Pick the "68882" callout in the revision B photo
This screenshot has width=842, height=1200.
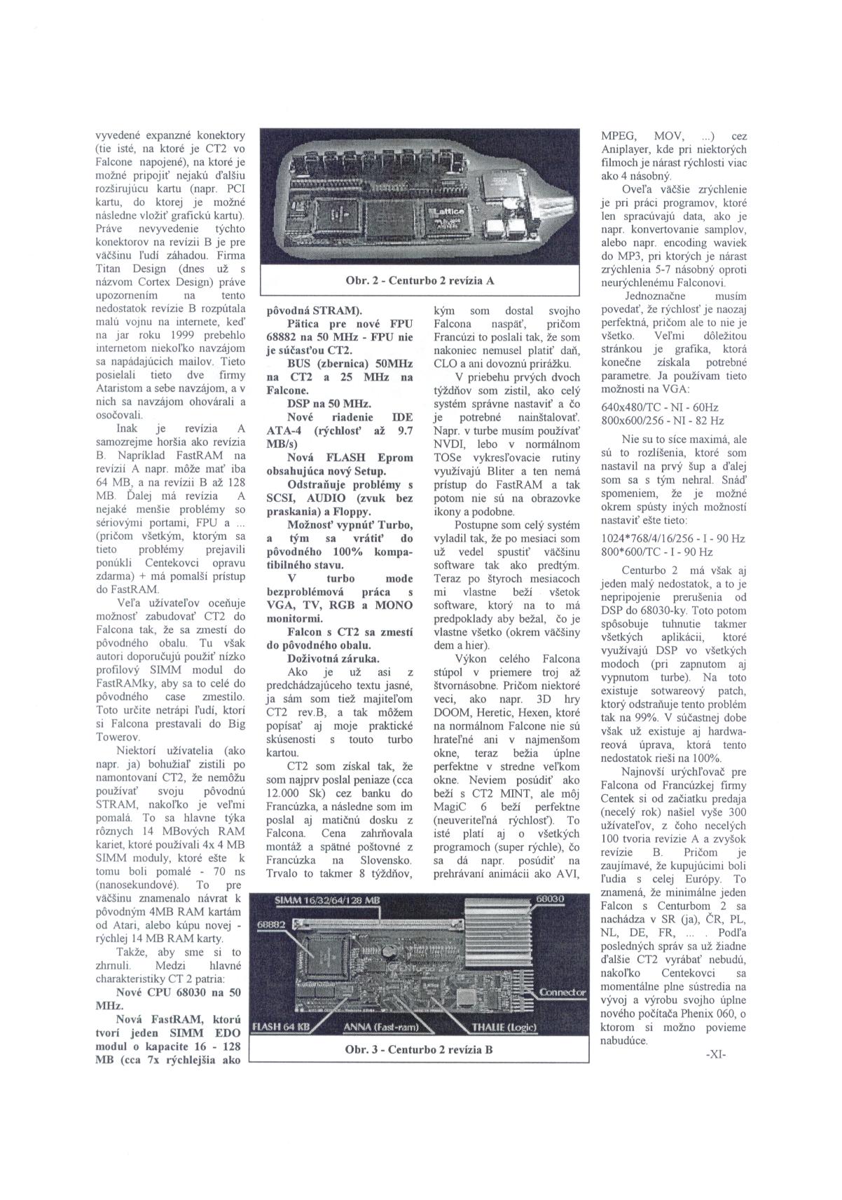(268, 925)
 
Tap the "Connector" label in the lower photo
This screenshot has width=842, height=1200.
(562, 993)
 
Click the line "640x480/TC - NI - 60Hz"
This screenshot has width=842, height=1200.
(650, 407)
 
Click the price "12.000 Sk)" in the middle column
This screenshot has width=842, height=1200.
(294, 794)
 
